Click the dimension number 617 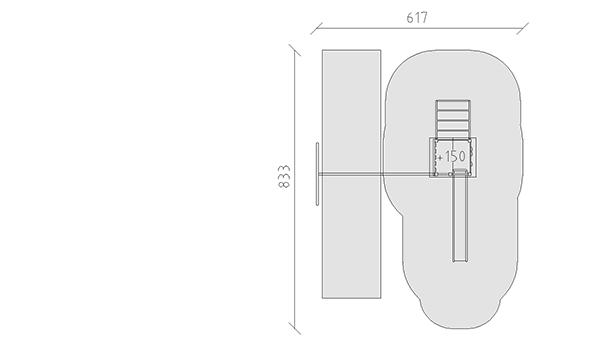pyautogui.click(x=417, y=18)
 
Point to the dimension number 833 pyautogui.click(x=284, y=176)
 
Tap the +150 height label pyautogui.click(x=452, y=156)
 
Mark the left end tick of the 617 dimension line pyautogui.click(x=316, y=28)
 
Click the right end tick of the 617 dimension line pyautogui.click(x=523, y=28)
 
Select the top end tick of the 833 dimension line pyautogui.click(x=295, y=50)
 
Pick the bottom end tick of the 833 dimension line pyautogui.click(x=295, y=329)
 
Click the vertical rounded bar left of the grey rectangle pyautogui.click(x=317, y=174)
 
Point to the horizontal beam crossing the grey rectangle pyautogui.click(x=375, y=174)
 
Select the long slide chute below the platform pyautogui.click(x=460, y=216)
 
